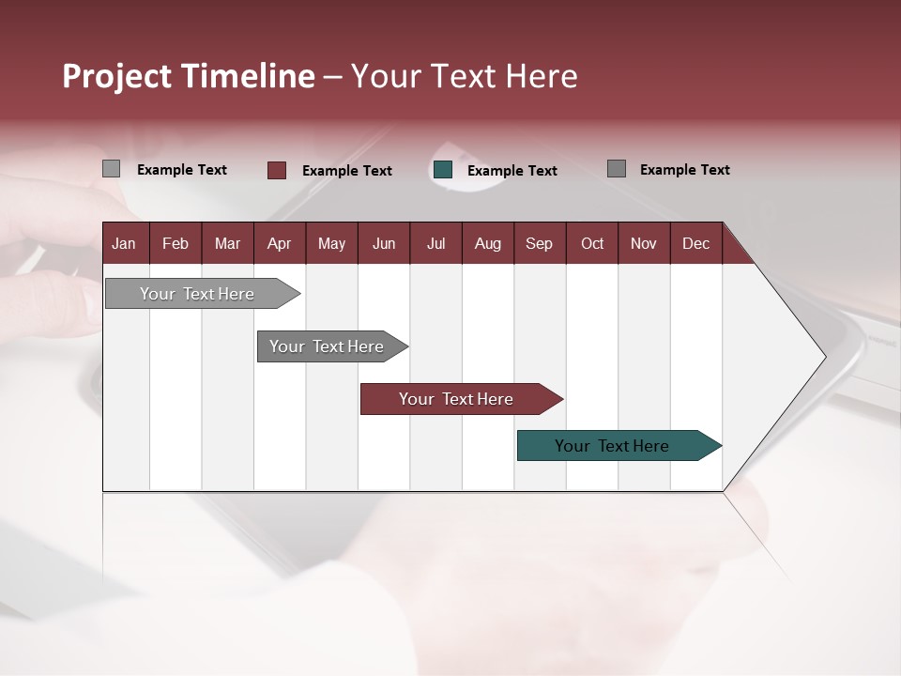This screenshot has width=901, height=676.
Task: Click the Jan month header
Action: pyautogui.click(x=125, y=243)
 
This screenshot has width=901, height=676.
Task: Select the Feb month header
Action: pyautogui.click(x=176, y=243)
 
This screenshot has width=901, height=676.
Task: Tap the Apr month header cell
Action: pyautogui.click(x=280, y=243)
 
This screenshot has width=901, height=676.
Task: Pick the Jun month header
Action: pyautogui.click(x=384, y=243)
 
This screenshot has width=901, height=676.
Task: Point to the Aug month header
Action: pyautogui.click(x=488, y=243)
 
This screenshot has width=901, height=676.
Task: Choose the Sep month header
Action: pyautogui.click(x=540, y=243)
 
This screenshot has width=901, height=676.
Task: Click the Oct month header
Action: pyautogui.click(x=592, y=243)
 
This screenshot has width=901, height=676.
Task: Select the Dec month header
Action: pyautogui.click(x=696, y=243)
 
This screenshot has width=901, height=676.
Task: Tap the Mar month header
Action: pyautogui.click(x=228, y=243)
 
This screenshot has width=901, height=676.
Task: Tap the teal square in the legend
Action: pyautogui.click(x=443, y=170)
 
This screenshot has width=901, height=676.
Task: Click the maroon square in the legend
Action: pyautogui.click(x=277, y=170)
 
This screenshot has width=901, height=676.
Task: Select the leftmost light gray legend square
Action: pyautogui.click(x=112, y=169)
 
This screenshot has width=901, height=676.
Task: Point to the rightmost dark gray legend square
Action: pyautogui.click(x=617, y=169)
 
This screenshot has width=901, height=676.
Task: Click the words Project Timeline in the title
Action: pyautogui.click(x=189, y=76)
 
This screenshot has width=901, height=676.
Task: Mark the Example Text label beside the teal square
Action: pyautogui.click(x=512, y=171)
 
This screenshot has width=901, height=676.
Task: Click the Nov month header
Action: pyautogui.click(x=644, y=243)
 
